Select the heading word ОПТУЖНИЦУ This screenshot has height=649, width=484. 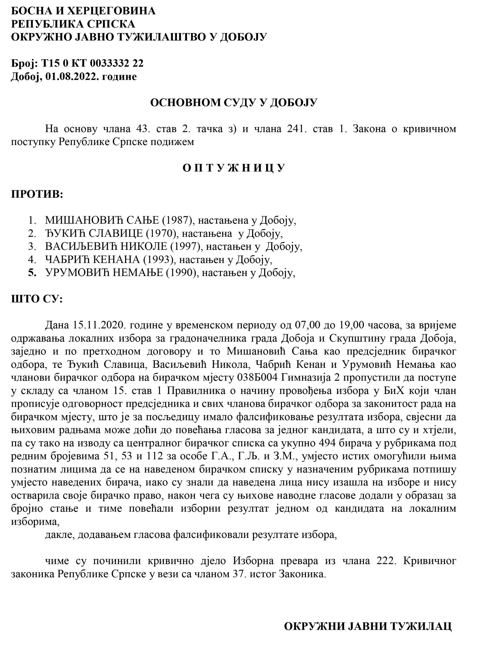point(234,168)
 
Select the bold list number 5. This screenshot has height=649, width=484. point(32,273)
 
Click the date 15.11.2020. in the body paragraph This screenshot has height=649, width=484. point(98,325)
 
